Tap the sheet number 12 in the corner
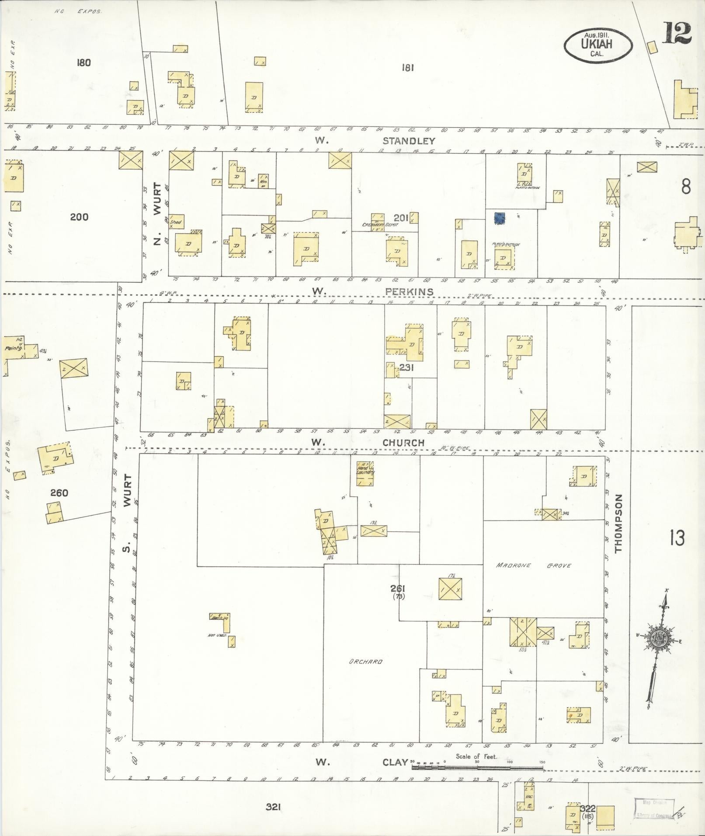(x=677, y=33)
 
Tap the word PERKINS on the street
(x=409, y=291)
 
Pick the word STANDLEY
(x=409, y=141)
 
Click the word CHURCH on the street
(x=403, y=443)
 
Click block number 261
(x=397, y=588)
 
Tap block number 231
(x=406, y=368)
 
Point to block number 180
(x=83, y=62)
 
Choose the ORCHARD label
(x=366, y=662)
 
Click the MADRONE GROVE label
(x=533, y=565)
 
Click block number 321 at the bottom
(x=273, y=807)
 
